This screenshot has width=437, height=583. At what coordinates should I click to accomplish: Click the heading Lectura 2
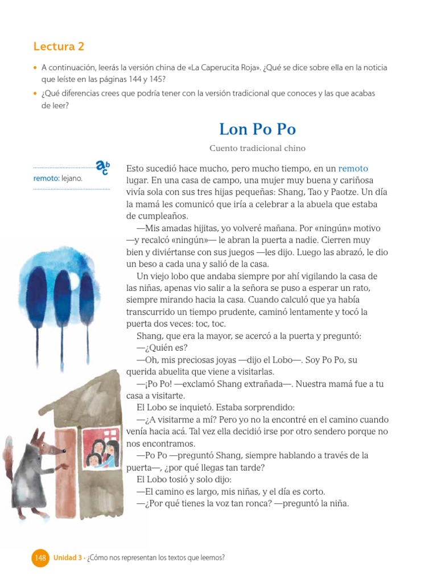[59, 47]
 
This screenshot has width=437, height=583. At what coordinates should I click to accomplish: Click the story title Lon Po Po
[257, 129]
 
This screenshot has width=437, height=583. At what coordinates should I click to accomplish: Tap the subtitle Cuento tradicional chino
[257, 149]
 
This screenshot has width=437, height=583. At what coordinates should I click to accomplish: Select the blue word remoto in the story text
[353, 169]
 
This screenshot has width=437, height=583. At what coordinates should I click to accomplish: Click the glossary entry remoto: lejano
[57, 178]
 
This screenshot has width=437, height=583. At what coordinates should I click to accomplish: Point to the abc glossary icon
[102, 167]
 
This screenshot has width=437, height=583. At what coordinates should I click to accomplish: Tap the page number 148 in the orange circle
[40, 558]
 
